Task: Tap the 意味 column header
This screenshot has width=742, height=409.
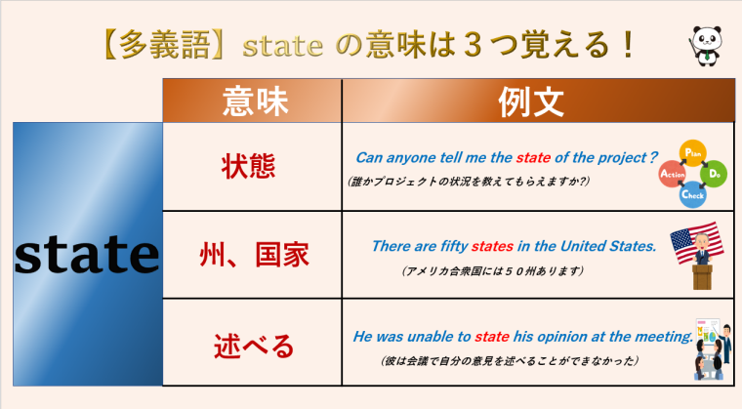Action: [250, 101]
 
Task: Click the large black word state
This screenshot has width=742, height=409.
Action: [87, 254]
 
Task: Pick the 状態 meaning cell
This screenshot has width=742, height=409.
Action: [250, 166]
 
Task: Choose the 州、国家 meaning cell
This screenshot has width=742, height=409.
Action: [250, 256]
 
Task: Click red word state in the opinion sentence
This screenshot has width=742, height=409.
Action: [492, 337]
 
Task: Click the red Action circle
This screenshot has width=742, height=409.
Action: [673, 175]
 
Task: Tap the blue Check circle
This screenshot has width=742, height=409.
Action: [693, 194]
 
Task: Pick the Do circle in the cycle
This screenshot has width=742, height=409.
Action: [715, 174]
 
